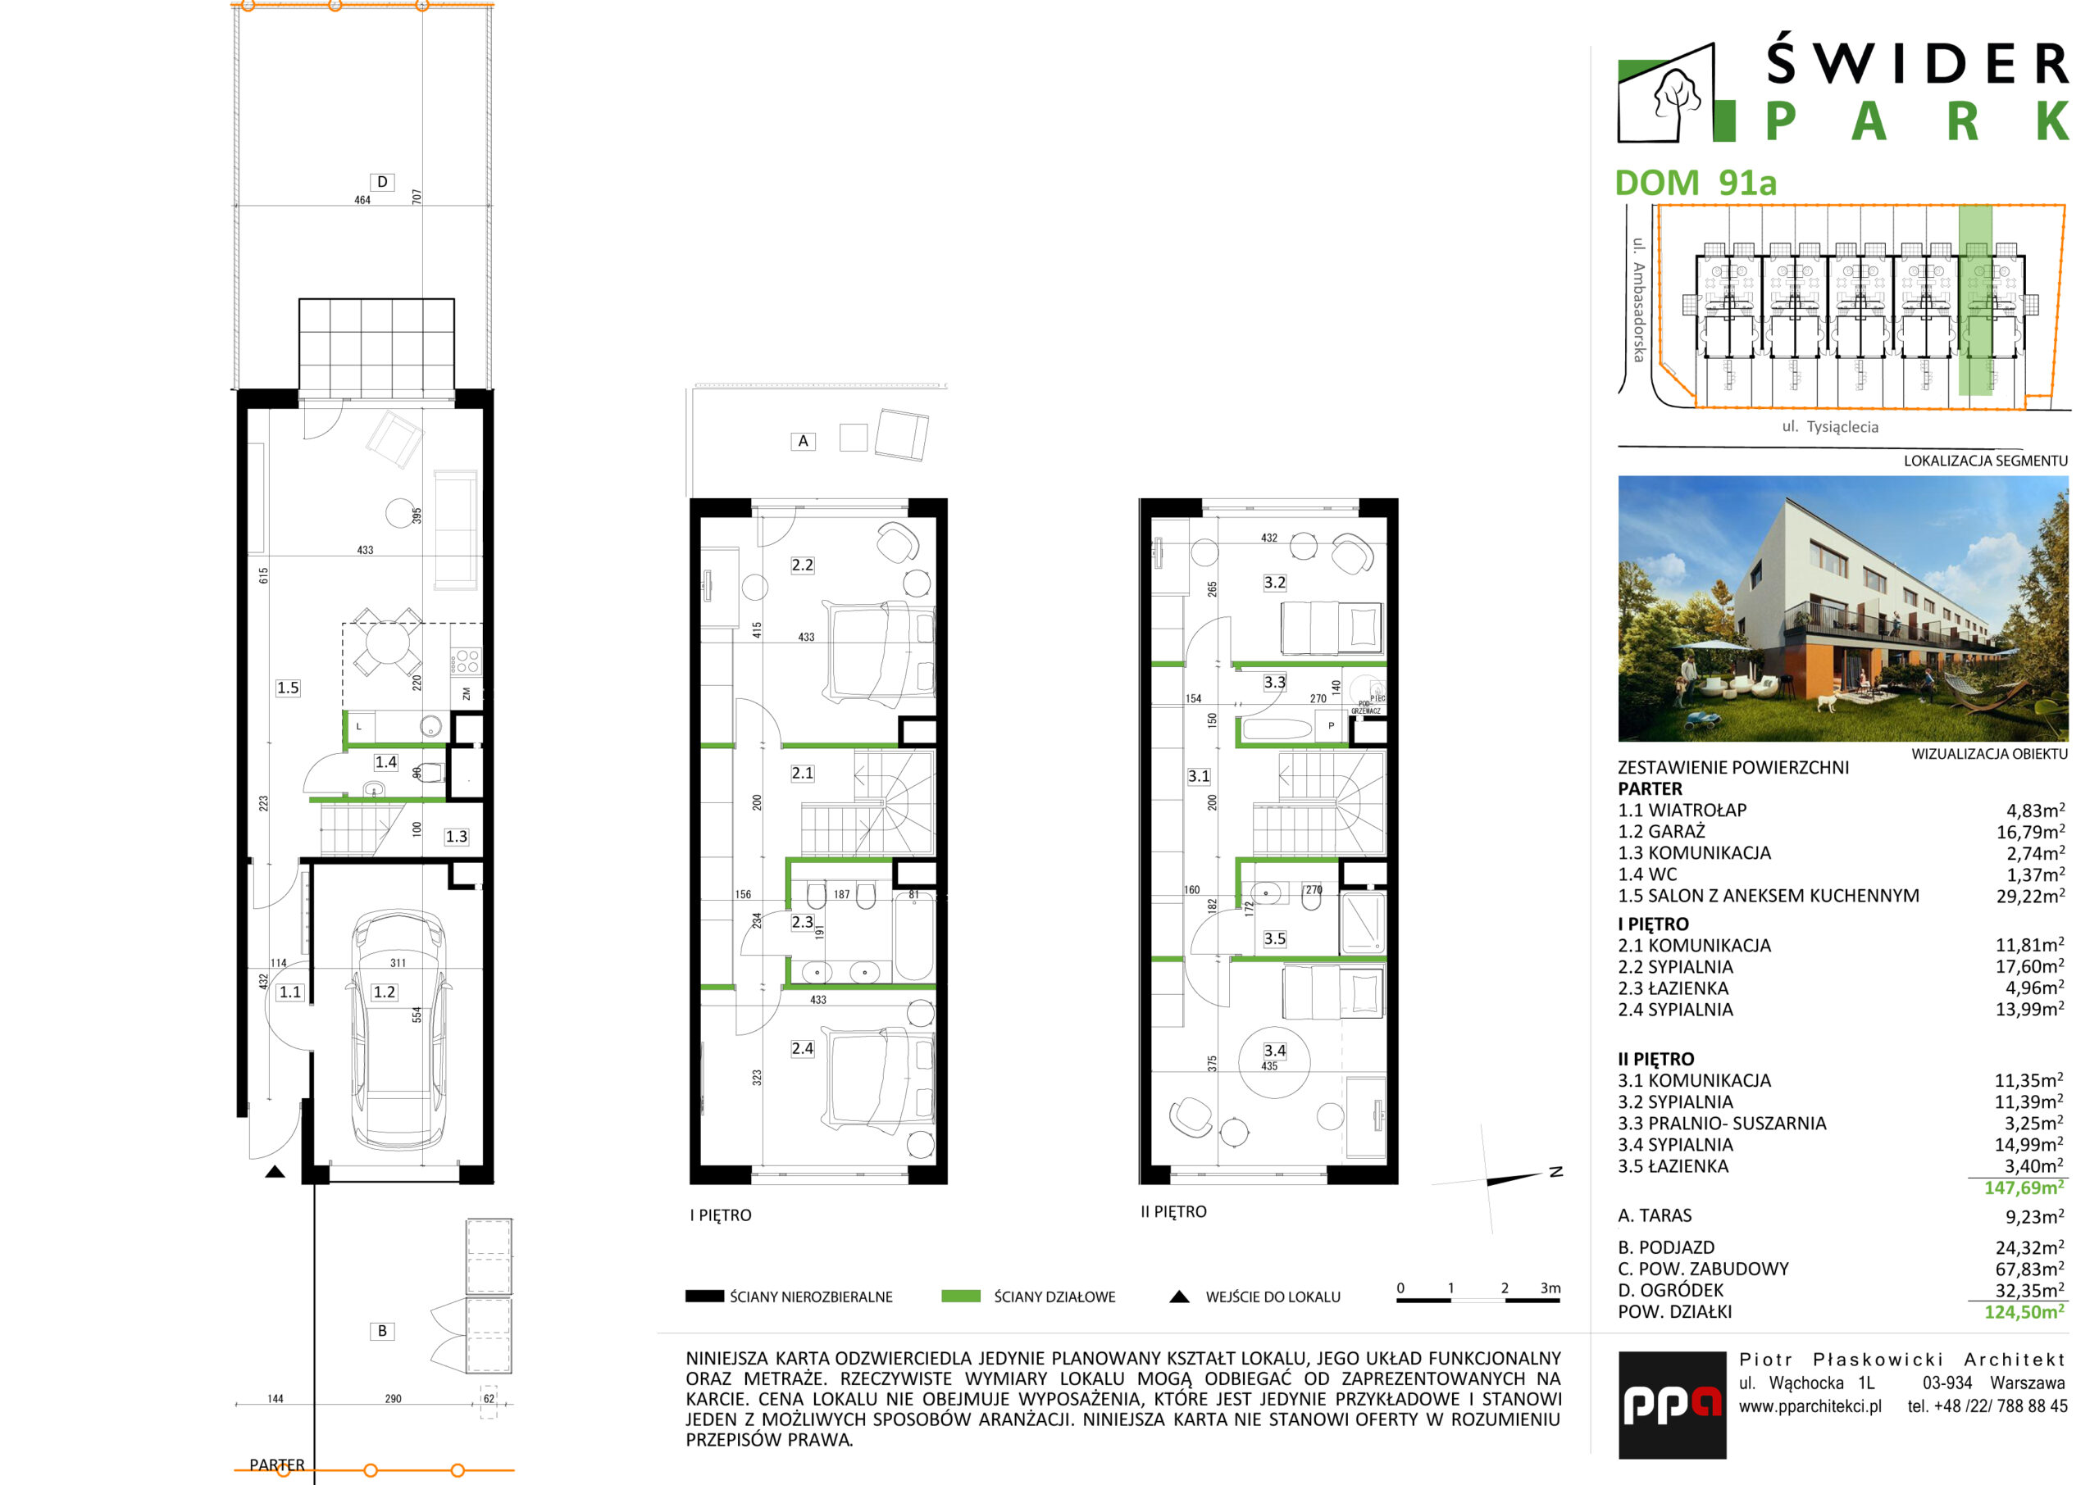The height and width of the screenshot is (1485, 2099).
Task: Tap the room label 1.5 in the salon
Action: click(x=287, y=688)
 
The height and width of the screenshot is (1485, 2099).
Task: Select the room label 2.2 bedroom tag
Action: click(x=802, y=565)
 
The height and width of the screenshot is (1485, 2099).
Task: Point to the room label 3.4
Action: click(x=1274, y=1051)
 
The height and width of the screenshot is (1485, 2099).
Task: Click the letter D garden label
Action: click(x=382, y=182)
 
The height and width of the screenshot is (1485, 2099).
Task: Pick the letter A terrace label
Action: click(x=803, y=441)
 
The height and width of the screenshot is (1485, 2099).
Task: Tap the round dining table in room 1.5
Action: click(x=386, y=643)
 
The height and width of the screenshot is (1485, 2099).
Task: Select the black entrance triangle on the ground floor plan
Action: click(x=275, y=1171)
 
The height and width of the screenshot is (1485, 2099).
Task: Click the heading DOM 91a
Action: click(x=1695, y=183)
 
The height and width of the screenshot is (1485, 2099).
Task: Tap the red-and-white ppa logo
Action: click(x=1672, y=1405)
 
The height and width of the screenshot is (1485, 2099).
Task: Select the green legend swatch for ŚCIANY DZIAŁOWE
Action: click(x=960, y=1296)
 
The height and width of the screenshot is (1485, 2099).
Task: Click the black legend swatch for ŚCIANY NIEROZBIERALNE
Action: click(x=704, y=1296)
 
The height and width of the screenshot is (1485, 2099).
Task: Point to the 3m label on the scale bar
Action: click(x=1550, y=1287)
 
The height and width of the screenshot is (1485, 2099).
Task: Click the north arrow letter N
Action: click(x=1555, y=1171)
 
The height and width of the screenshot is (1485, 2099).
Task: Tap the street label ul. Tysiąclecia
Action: click(x=1830, y=427)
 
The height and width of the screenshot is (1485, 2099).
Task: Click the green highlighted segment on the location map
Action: click(x=1974, y=301)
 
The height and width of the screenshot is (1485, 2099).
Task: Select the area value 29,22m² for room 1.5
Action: click(x=2030, y=896)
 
